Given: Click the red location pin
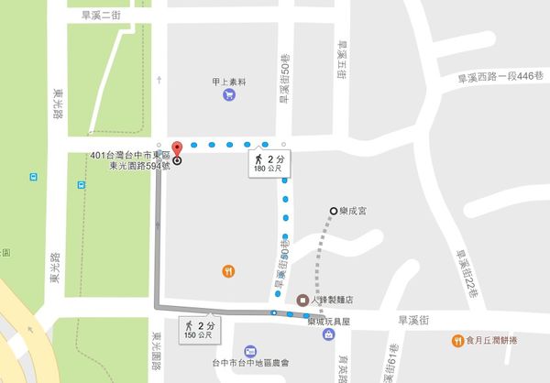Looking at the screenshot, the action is (176, 151).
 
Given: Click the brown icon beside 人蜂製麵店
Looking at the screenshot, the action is (302, 300).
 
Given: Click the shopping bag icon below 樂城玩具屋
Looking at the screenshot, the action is (327, 336).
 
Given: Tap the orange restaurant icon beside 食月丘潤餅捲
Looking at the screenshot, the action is (456, 341).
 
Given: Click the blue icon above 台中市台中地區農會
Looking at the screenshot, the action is (250, 352).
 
